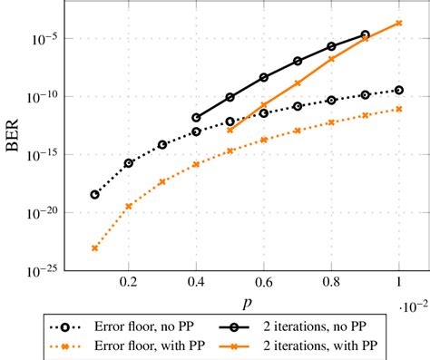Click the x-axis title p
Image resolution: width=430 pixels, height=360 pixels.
247,300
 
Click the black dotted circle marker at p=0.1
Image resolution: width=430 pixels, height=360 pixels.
95,194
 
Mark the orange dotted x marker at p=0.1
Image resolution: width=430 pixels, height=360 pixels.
95,248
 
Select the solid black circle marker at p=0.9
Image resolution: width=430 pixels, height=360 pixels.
365,34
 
